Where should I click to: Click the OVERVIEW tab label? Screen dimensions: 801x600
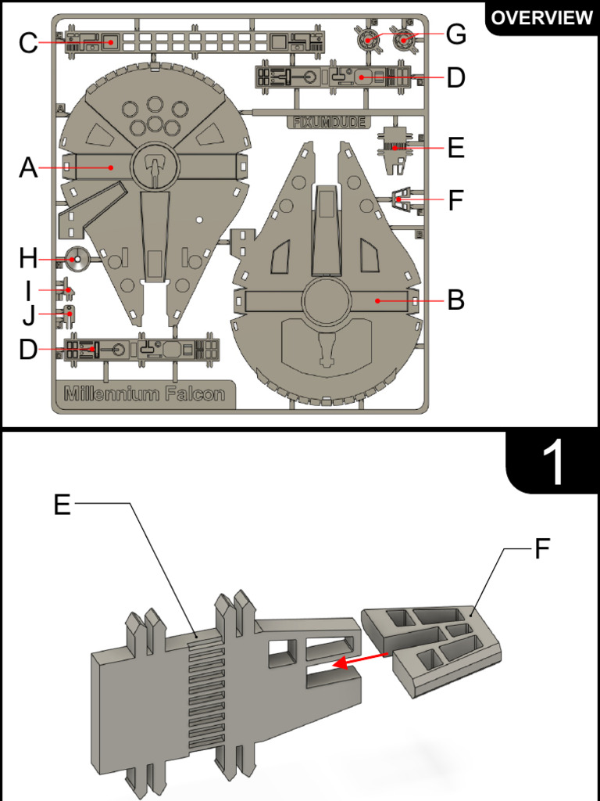point(541,17)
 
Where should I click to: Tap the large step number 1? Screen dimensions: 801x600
point(553,463)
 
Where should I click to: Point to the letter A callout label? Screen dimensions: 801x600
point(29,167)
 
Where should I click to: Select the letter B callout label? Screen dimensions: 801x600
point(455,300)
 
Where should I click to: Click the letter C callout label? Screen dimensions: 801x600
point(29,42)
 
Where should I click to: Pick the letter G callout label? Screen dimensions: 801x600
point(455,34)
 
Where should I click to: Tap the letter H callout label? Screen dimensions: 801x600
point(29,257)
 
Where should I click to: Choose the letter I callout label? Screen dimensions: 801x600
point(29,291)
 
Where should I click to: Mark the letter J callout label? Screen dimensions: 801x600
point(29,317)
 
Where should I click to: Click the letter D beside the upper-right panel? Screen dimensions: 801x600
point(455,77)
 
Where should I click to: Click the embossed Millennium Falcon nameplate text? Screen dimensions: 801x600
point(145,393)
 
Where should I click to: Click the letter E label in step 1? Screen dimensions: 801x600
point(62,505)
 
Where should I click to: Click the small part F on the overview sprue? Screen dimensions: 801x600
point(402,199)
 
